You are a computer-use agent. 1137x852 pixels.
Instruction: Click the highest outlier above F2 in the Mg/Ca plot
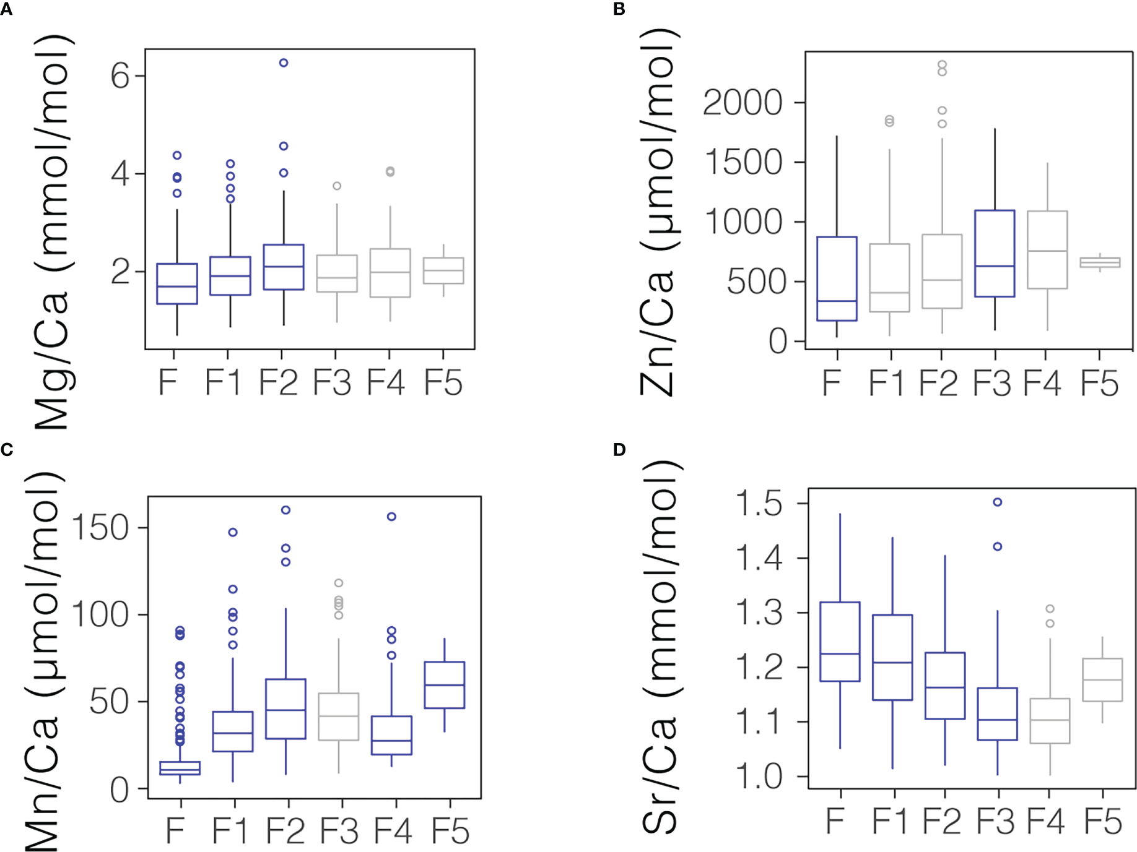point(284,62)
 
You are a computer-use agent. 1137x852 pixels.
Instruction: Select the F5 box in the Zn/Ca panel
point(1100,262)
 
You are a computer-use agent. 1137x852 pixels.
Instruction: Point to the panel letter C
point(7,450)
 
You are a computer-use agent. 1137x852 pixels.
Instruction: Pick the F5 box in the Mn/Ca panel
point(445,685)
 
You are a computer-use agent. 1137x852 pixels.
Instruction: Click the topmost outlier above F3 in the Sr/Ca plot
point(998,502)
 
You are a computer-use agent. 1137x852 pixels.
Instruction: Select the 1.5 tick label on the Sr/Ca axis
point(759,504)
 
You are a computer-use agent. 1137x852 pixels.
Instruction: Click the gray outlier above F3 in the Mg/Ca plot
point(337,186)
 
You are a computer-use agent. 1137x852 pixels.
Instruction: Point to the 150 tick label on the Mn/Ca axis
point(100,528)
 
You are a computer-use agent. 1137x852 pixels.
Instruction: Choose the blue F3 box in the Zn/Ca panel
point(995,254)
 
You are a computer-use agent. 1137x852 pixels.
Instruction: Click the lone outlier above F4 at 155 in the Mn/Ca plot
point(391,517)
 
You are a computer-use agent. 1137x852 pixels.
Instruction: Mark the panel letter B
point(619,9)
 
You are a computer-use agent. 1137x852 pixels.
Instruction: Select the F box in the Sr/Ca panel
point(840,642)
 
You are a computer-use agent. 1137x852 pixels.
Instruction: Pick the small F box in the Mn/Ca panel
point(180,768)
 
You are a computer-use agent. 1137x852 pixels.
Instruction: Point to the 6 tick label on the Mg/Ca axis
point(120,76)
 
